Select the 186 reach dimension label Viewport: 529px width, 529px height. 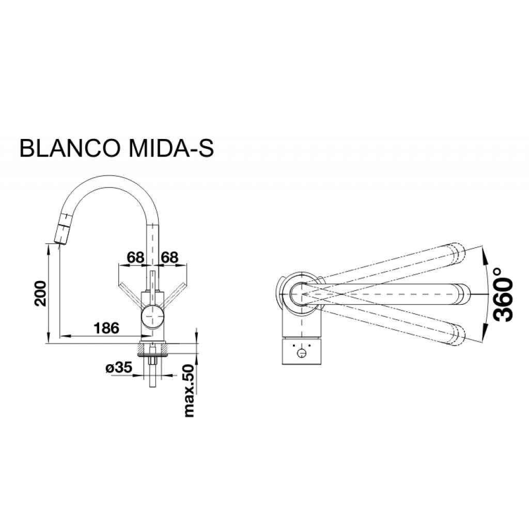[x=106, y=328]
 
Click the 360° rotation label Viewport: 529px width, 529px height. [x=504, y=294]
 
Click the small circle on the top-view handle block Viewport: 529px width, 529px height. [x=302, y=353]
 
